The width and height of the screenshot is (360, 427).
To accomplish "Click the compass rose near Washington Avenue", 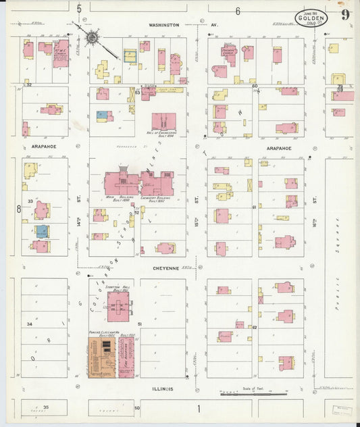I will coord(93,33).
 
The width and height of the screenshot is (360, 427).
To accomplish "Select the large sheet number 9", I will coord(345,15).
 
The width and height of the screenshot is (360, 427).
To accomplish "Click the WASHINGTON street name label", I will coord(164,25).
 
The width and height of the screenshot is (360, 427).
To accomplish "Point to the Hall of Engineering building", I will coord(163,122).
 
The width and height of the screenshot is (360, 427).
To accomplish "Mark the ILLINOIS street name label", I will coord(162,389).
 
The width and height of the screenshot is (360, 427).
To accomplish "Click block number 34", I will coord(29,324).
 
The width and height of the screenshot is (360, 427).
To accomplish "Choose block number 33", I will coord(30,201).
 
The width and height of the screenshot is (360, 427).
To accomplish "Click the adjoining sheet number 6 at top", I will coord(238,11).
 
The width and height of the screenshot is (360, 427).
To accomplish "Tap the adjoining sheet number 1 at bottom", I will coord(199,408).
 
